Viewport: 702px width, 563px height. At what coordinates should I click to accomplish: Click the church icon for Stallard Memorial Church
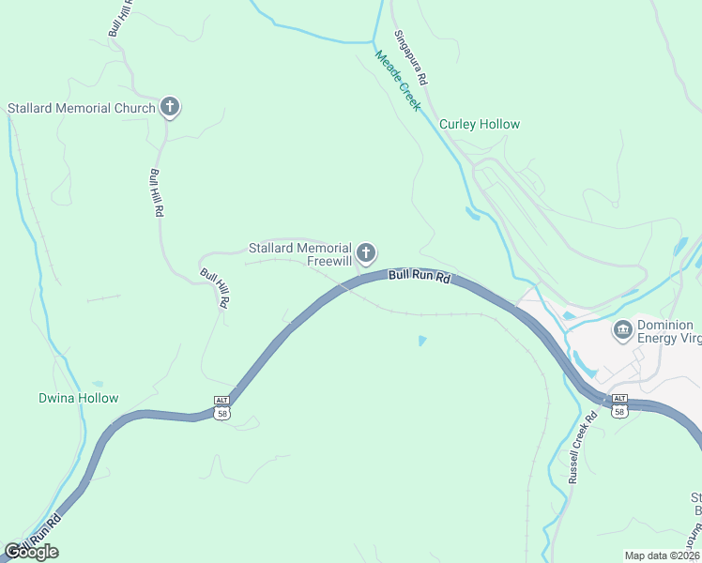(x=170, y=107)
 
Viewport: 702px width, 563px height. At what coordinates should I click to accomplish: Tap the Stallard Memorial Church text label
(x=81, y=108)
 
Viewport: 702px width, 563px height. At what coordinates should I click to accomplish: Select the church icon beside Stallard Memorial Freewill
(x=366, y=253)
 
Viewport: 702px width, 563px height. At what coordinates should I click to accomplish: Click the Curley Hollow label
(x=480, y=124)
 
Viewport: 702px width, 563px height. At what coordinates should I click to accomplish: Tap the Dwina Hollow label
(x=79, y=398)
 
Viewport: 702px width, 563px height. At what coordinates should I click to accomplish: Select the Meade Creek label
(x=398, y=81)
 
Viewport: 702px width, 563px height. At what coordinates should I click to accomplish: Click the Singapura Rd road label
(x=411, y=58)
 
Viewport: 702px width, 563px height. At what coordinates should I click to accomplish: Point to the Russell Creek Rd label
(x=583, y=449)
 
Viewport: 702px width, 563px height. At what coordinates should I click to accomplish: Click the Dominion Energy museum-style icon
(x=621, y=329)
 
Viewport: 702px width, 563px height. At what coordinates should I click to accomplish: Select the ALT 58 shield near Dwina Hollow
(x=221, y=406)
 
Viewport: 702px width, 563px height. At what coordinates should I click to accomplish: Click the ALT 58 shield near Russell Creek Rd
(x=619, y=405)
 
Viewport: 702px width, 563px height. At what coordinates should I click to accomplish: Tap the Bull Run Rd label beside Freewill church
(x=420, y=277)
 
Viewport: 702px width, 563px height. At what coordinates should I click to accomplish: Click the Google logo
(x=31, y=552)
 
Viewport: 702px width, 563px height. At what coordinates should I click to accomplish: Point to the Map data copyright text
(x=662, y=555)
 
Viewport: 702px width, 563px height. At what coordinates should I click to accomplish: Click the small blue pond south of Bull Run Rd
(x=422, y=341)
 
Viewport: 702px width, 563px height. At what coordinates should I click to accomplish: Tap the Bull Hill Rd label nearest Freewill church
(x=214, y=288)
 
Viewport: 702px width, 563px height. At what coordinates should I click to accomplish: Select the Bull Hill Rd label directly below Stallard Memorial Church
(x=156, y=192)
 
